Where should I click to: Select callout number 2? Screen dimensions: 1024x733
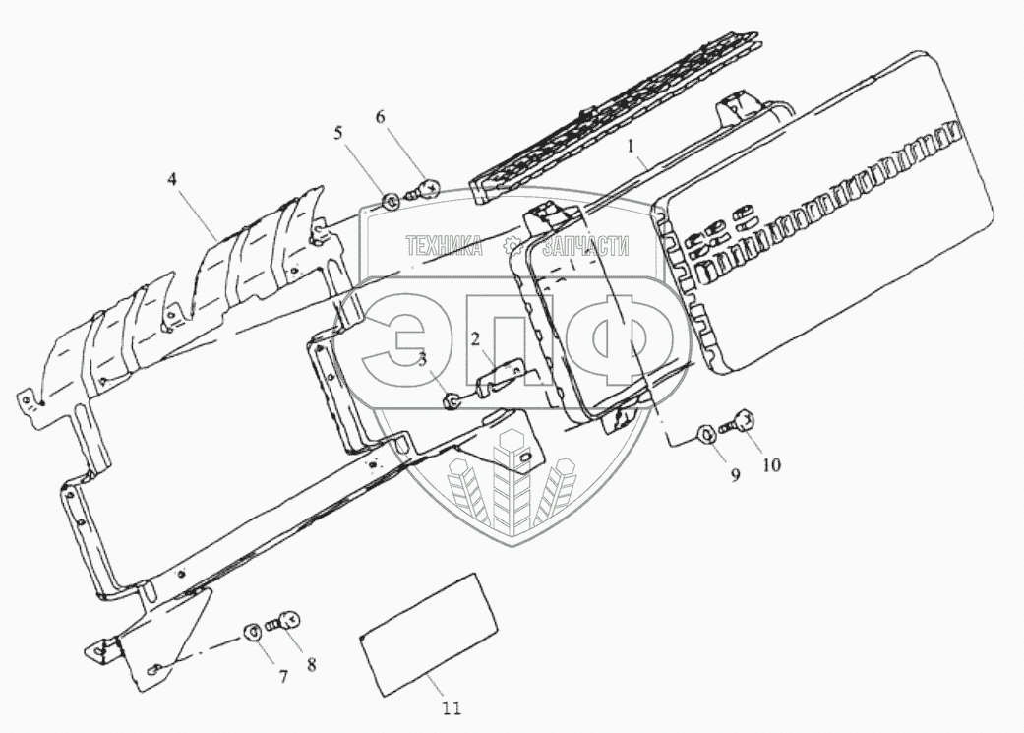coord(475,340)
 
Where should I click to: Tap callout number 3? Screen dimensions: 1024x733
coord(422,360)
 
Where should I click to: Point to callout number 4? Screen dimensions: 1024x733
coord(171,180)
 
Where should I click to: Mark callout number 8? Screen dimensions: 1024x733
coord(311,663)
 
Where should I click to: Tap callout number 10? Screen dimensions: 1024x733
coord(770,464)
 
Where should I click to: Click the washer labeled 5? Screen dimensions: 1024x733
coord(390,203)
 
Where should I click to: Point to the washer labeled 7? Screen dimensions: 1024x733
coord(253,630)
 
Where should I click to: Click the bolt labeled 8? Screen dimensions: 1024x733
coord(284,620)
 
